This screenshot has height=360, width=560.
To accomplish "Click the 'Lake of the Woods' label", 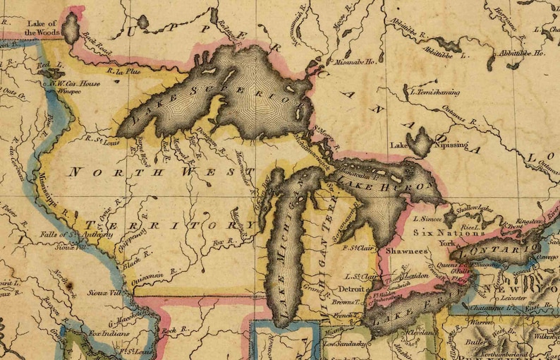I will click(x=41, y=27).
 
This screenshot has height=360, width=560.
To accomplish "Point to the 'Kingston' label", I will click(x=529, y=221).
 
